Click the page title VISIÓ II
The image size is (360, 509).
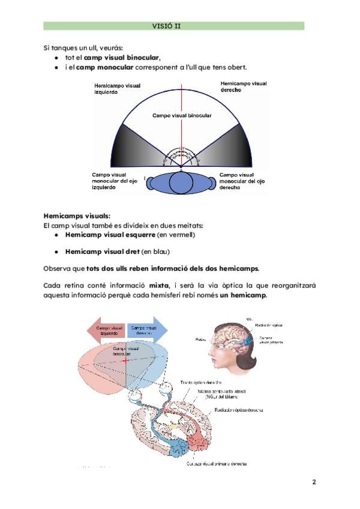173,26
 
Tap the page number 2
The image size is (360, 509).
314,482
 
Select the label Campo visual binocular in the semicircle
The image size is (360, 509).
180,115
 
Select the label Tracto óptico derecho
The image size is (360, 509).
202,382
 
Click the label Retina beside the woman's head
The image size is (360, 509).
200,339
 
